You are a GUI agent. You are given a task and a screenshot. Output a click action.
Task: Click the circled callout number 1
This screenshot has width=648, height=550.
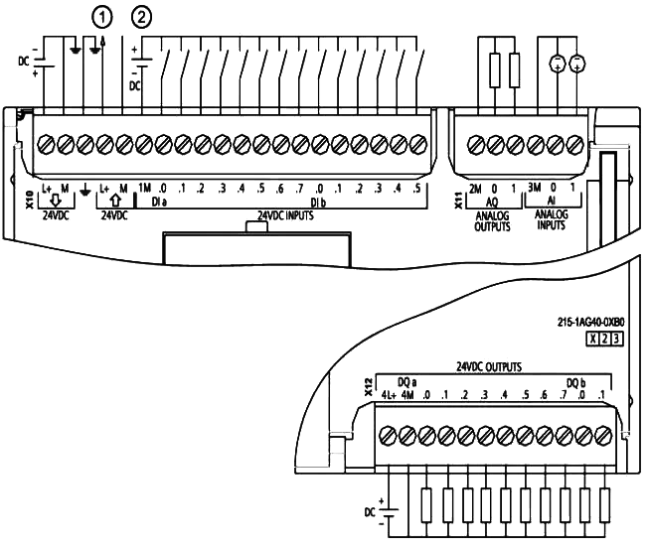(98, 15)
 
